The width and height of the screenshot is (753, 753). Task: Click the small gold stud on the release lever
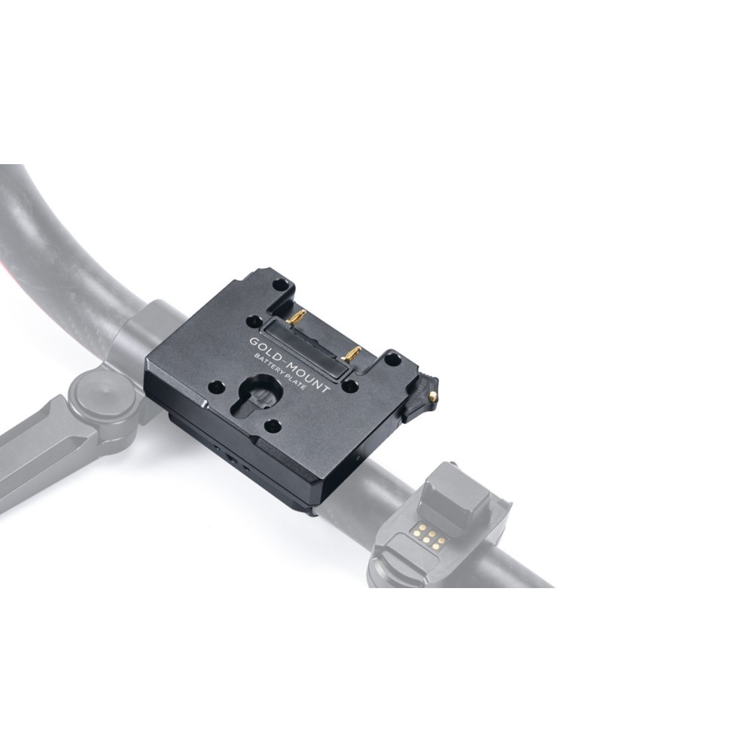pos(436,395)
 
